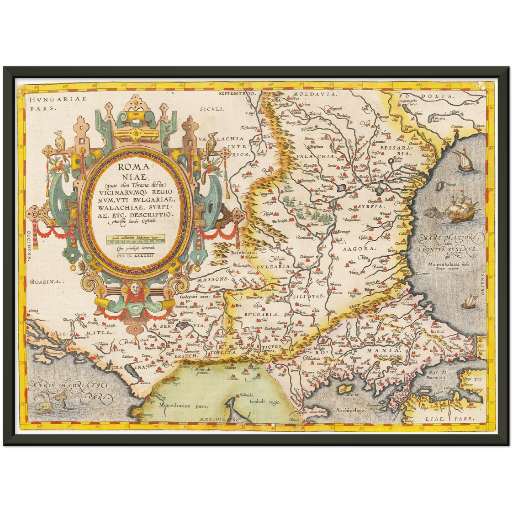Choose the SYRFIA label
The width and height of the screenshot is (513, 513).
coord(371,206)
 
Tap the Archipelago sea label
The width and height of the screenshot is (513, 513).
coord(350,410)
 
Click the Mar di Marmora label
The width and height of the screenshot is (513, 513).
coord(441,375)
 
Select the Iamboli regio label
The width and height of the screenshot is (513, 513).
coord(265,402)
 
